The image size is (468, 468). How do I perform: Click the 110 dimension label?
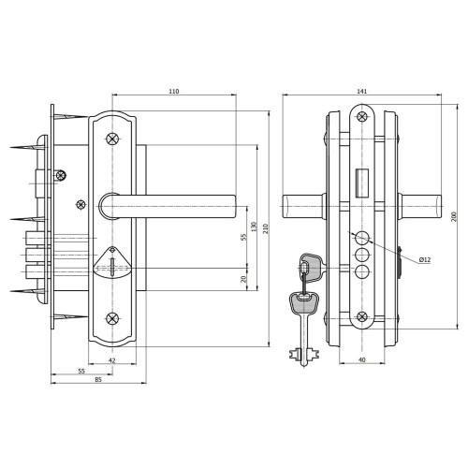[x=174, y=92]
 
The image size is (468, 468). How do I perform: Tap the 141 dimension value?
[x=362, y=92]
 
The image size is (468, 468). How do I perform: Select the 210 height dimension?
[x=266, y=228]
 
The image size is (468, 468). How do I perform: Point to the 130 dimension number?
[x=254, y=227]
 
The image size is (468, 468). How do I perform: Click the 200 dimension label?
[x=454, y=217]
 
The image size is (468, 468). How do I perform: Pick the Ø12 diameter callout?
[x=425, y=259]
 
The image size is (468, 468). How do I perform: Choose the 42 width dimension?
[x=112, y=360]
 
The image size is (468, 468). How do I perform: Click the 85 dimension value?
[x=98, y=380]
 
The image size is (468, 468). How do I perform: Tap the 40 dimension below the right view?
[x=361, y=360]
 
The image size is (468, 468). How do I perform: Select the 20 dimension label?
[x=244, y=279]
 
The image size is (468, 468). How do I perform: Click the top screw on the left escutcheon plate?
[x=112, y=139]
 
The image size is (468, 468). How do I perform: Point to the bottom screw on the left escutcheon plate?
[x=112, y=318]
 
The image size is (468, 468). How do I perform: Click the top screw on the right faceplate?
[x=362, y=117]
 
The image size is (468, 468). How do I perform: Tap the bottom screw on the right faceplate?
[x=362, y=316]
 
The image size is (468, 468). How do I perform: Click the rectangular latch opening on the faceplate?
[x=362, y=183]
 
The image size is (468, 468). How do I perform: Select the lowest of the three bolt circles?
[x=362, y=271]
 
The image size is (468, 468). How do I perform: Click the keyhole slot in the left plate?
[x=112, y=267]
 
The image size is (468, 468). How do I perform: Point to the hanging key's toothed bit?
[x=304, y=355]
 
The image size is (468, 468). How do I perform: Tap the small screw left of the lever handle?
[x=80, y=205]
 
